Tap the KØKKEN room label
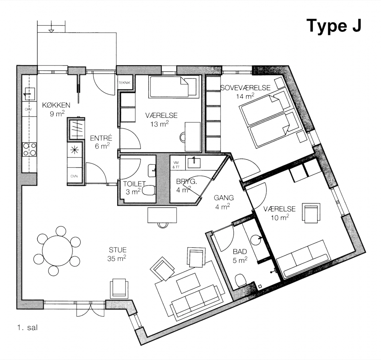[56, 105]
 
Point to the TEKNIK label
[124, 83]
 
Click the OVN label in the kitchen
[74, 176]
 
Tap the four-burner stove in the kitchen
[29, 149]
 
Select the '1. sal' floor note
[27, 327]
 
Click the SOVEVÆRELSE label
[245, 88]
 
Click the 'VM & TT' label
[176, 165]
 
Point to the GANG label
[224, 198]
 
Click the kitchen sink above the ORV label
[29, 94]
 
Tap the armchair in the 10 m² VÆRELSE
[311, 213]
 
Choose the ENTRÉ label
[101, 138]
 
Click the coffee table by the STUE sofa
[188, 283]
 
